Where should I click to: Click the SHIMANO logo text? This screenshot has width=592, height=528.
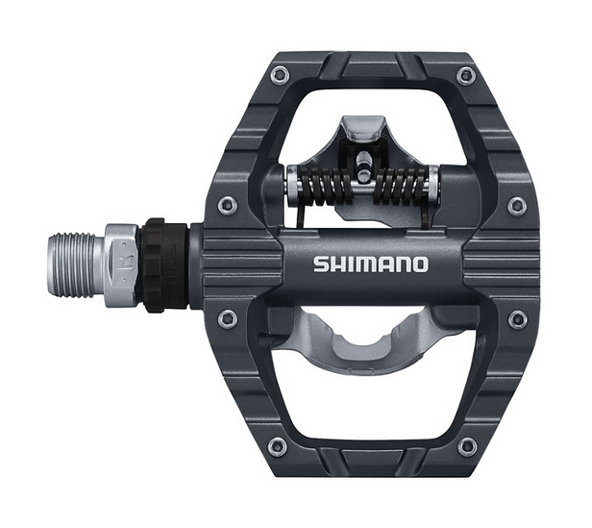pyautogui.click(x=371, y=264)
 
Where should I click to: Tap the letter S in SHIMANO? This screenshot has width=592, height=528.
pyautogui.click(x=321, y=264)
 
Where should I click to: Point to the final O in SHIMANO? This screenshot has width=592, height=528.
pyautogui.click(x=421, y=264)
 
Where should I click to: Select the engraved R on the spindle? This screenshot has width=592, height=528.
pyautogui.click(x=127, y=264)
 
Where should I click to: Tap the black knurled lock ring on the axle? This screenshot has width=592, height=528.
pyautogui.click(x=163, y=264)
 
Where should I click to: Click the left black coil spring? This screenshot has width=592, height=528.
pyautogui.click(x=326, y=186)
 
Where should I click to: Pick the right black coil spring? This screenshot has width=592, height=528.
pyautogui.click(x=403, y=186)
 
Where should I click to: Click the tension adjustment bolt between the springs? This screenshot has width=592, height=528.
pyautogui.click(x=364, y=165)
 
